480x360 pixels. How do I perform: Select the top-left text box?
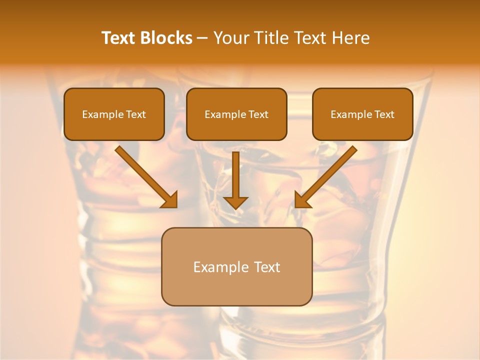pyautogui.click(x=114, y=114)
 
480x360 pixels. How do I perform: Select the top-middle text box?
pyautogui.click(x=236, y=114)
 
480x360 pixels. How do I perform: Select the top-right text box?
pyautogui.click(x=362, y=114)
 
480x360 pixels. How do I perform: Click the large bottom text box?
pyautogui.click(x=236, y=266)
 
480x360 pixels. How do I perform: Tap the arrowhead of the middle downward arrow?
pyautogui.click(x=235, y=202)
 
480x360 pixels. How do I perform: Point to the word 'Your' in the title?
pyautogui.click(x=228, y=38)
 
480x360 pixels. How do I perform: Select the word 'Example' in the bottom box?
pyautogui.click(x=221, y=267)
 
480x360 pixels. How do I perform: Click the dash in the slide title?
pyautogui.click(x=202, y=38)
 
